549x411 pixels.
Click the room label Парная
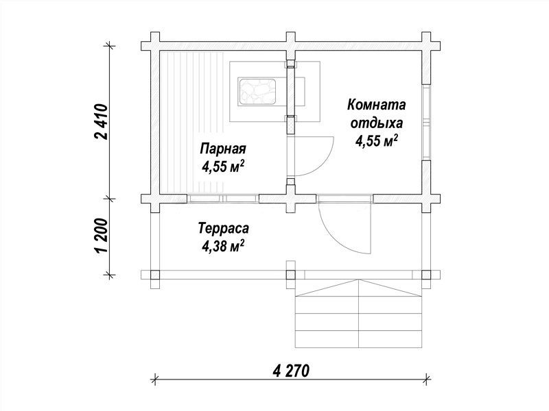tap(223, 149)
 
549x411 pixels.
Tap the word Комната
tap(376, 105)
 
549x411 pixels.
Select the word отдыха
tap(376, 123)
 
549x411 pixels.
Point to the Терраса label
tap(224, 228)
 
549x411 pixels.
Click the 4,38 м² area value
tap(222, 246)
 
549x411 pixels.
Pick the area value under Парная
tap(222, 166)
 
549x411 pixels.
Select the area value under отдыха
tap(376, 140)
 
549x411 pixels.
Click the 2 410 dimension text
tap(102, 122)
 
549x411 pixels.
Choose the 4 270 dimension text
tap(291, 371)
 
